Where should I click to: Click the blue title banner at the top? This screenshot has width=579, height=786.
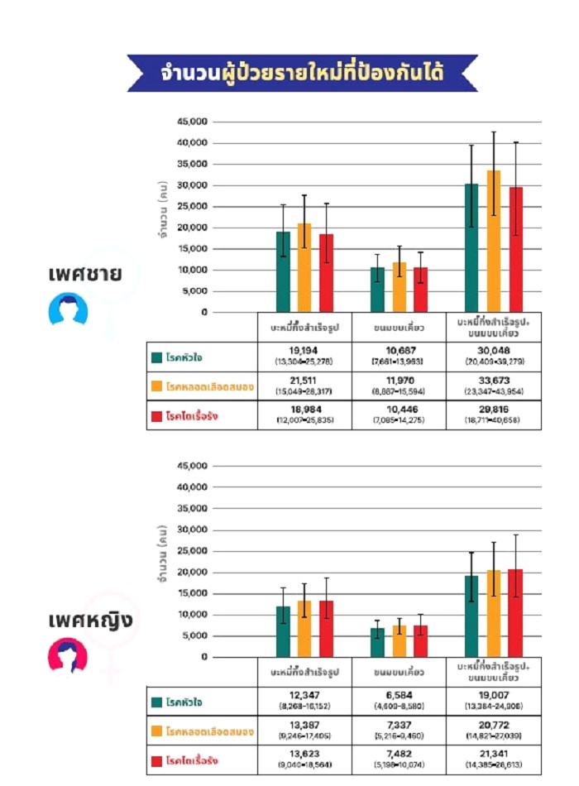[x=302, y=73]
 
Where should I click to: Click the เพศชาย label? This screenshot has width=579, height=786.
[x=84, y=273]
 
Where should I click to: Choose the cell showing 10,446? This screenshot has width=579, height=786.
[x=400, y=415]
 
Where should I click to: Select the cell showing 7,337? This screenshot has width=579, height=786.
[x=400, y=731]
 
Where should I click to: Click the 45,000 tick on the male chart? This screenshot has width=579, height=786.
[x=191, y=122]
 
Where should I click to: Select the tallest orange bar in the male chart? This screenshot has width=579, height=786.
[x=494, y=241]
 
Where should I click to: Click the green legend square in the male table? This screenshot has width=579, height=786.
[x=156, y=357]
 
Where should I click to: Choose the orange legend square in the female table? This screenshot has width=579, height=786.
[x=156, y=731]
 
